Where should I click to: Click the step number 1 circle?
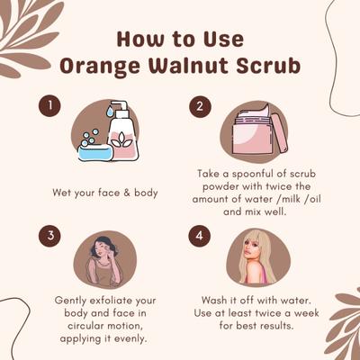(49, 106)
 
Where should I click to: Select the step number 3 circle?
(49, 237)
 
